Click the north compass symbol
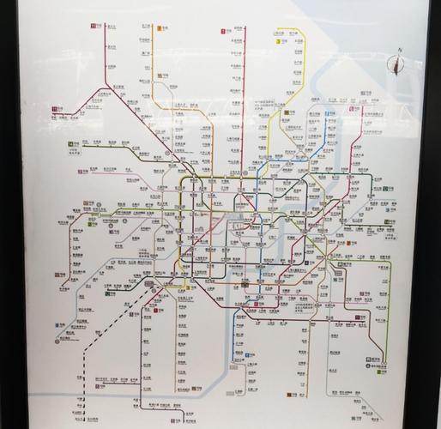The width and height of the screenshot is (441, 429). tap(397, 64)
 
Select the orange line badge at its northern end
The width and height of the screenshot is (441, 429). tap(160, 29)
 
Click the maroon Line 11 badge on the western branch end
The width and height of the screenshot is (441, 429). tap(56, 110)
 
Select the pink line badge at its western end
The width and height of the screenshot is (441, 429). tap(82, 172)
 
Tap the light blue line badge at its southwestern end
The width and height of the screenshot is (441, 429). tap(60, 327)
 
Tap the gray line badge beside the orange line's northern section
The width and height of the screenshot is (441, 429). tap(160, 87)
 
